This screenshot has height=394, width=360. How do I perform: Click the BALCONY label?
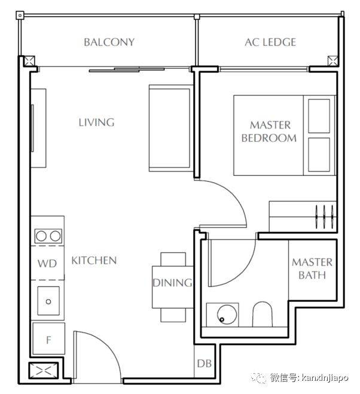pos(109,42)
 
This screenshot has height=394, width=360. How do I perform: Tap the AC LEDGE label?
pos(270,42)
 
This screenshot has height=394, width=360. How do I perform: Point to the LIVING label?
pos(96,123)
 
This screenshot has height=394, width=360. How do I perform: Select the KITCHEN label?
pos(94,260)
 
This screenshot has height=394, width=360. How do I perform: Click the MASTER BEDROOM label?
pos(269,132)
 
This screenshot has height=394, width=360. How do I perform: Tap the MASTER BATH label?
pos(312,268)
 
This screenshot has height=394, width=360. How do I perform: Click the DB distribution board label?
pos(204,364)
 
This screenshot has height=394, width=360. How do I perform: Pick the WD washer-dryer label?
pos(47,263)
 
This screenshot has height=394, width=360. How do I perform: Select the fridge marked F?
pos(49,338)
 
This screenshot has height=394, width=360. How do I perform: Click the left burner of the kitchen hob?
pos(41,236)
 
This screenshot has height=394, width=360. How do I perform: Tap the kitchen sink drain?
pos(48,301)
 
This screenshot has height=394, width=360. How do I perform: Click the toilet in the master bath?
pos(262,314)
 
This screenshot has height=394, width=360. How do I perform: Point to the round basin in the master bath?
pos(227,314)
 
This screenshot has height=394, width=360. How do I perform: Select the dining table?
pos(173,287)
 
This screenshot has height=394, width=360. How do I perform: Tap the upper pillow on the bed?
pos(319,116)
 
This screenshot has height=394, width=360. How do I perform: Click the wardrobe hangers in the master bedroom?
pos(324,216)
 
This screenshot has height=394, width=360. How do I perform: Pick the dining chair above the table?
pos(173,259)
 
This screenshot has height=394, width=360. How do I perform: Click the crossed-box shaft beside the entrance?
pos(43,371)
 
